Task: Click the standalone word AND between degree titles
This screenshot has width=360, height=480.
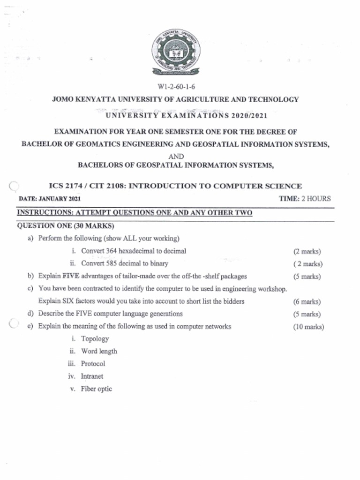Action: click(x=176, y=156)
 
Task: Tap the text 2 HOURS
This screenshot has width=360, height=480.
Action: click(x=316, y=199)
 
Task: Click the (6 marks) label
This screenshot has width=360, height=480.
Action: click(x=307, y=301)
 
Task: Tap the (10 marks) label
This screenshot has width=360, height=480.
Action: click(x=308, y=327)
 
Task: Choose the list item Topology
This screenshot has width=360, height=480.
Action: click(x=95, y=338)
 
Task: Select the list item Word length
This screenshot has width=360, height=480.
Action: click(x=99, y=351)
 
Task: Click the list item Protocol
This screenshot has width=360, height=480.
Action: click(x=93, y=364)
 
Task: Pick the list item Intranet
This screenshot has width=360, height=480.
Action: click(x=92, y=376)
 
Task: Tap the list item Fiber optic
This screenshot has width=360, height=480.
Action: click(x=96, y=389)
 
